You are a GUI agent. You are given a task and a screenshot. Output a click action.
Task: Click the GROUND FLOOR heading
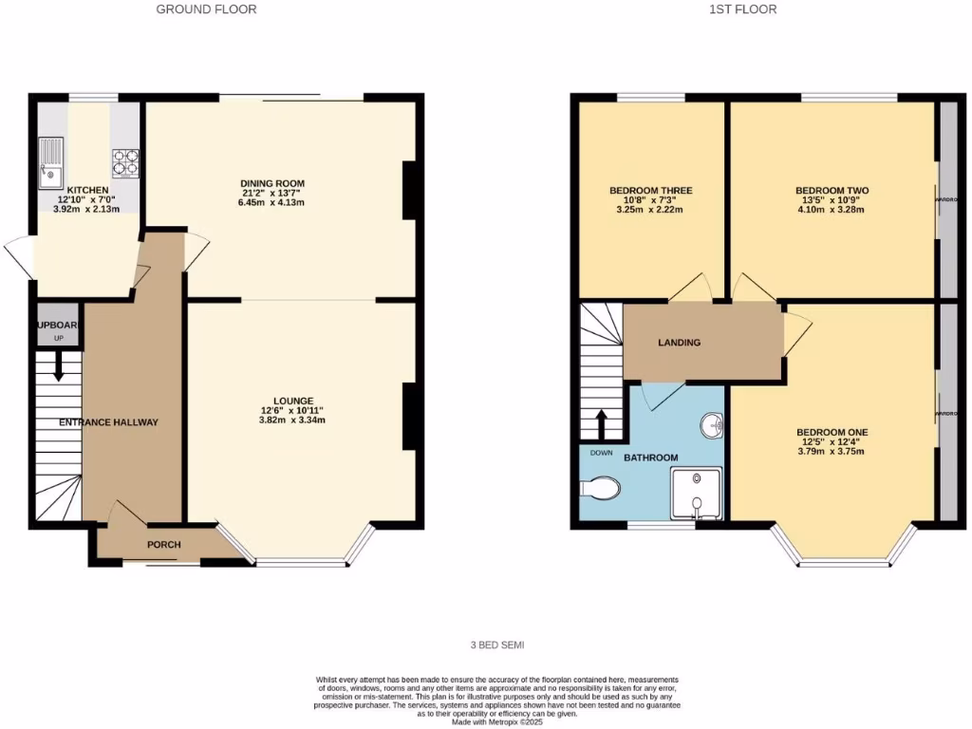coord(206,9)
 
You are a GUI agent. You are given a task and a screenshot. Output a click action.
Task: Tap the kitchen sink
coord(49,162)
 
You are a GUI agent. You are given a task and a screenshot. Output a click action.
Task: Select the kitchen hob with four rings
coord(125,162)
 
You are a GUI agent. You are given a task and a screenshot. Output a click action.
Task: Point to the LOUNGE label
coord(299,401)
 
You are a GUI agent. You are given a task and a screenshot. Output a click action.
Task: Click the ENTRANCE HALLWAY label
coord(108,422)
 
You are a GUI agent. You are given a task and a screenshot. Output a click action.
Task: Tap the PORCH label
coord(163,545)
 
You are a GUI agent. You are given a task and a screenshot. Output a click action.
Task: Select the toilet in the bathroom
coord(599,489)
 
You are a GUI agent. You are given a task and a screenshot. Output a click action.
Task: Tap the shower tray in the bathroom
coord(697,493)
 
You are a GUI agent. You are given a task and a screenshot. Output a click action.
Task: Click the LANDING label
coord(680,343)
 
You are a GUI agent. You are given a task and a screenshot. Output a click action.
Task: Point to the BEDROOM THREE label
coord(650,191)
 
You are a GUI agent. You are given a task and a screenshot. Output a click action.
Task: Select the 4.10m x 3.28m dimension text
coord(832,209)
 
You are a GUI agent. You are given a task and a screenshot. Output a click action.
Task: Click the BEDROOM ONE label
coord(832,432)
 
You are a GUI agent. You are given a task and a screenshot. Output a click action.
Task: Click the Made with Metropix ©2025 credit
coord(496,722)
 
